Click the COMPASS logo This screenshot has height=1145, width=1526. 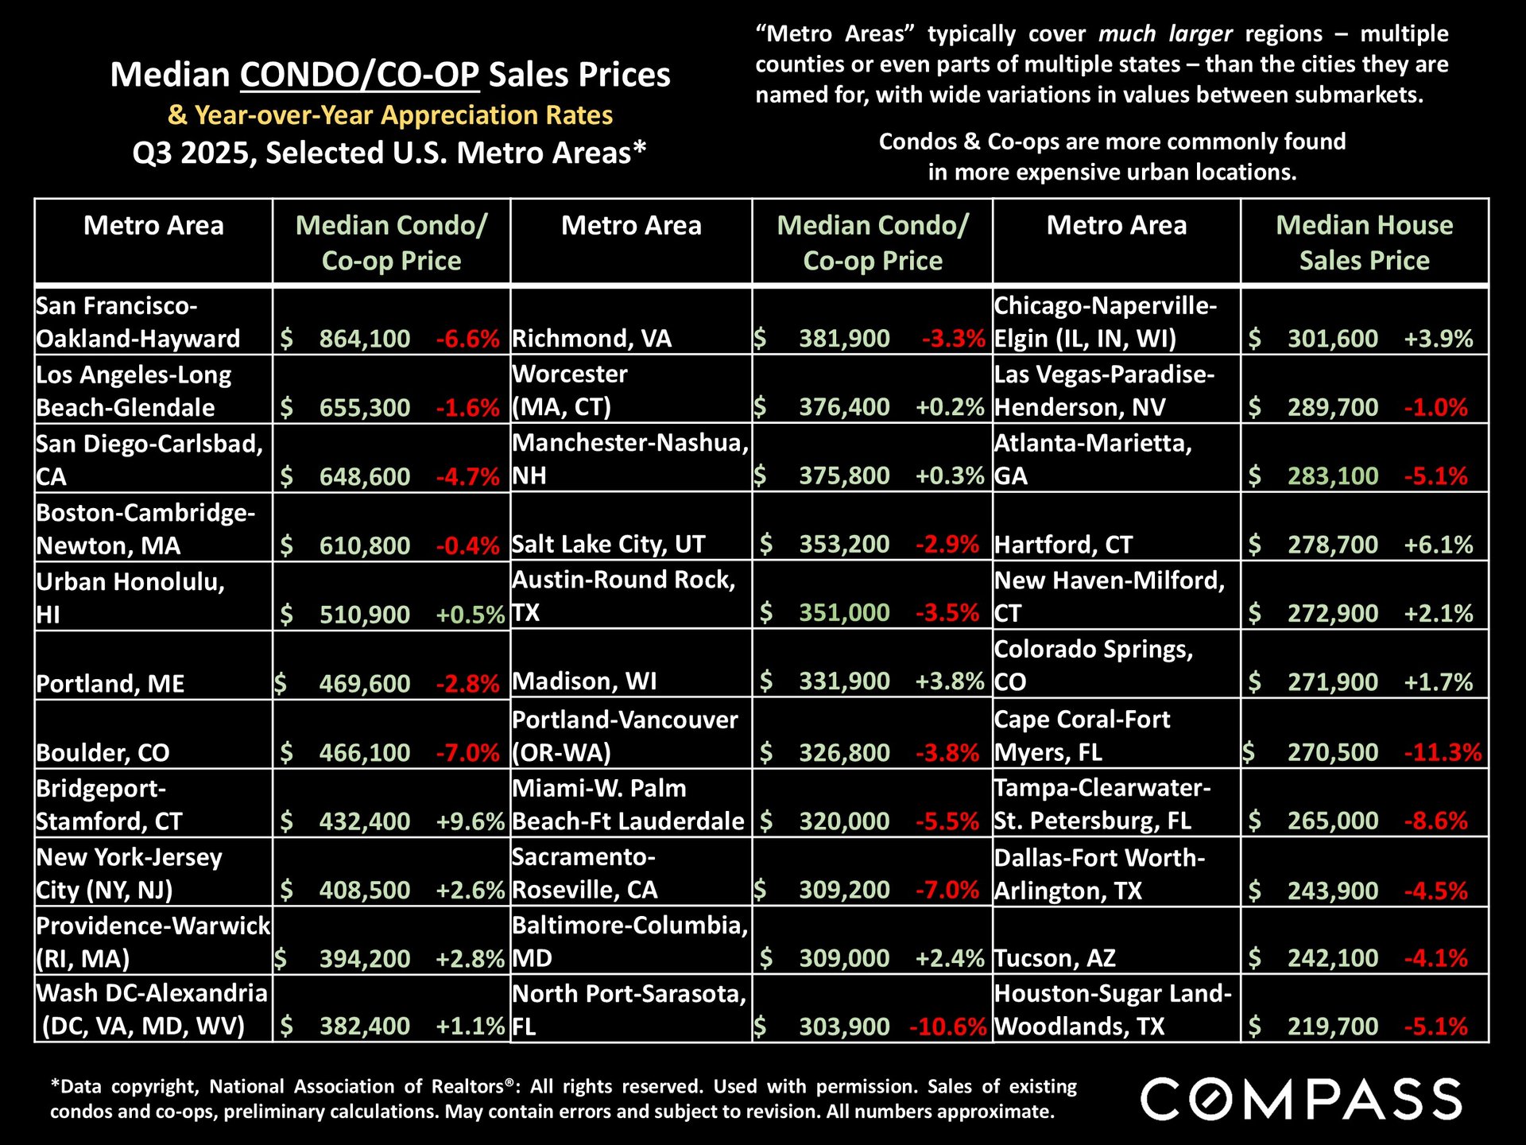(1301, 1100)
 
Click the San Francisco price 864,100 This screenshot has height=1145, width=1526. (364, 339)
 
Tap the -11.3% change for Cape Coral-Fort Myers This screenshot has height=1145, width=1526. (1442, 752)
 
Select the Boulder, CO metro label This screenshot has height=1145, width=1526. (103, 752)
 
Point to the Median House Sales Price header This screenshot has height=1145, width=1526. (1364, 243)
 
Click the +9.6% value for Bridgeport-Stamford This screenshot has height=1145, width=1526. (471, 821)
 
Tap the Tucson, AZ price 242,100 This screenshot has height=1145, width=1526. (1333, 958)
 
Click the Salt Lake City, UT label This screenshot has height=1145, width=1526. (608, 545)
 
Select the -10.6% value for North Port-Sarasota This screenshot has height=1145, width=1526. (947, 1027)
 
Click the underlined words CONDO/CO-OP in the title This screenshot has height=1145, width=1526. (360, 75)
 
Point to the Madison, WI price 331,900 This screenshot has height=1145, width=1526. (844, 681)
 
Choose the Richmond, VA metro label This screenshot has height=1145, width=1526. (591, 339)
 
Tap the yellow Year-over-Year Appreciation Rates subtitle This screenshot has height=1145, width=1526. (390, 115)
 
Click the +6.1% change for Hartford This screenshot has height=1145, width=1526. (1438, 545)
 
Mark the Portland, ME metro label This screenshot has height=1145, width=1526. (110, 684)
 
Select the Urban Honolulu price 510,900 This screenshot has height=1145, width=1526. (364, 615)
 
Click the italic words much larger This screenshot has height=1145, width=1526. (1165, 34)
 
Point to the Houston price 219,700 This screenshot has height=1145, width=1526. (1333, 1027)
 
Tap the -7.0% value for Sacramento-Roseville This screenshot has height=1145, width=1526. (947, 890)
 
